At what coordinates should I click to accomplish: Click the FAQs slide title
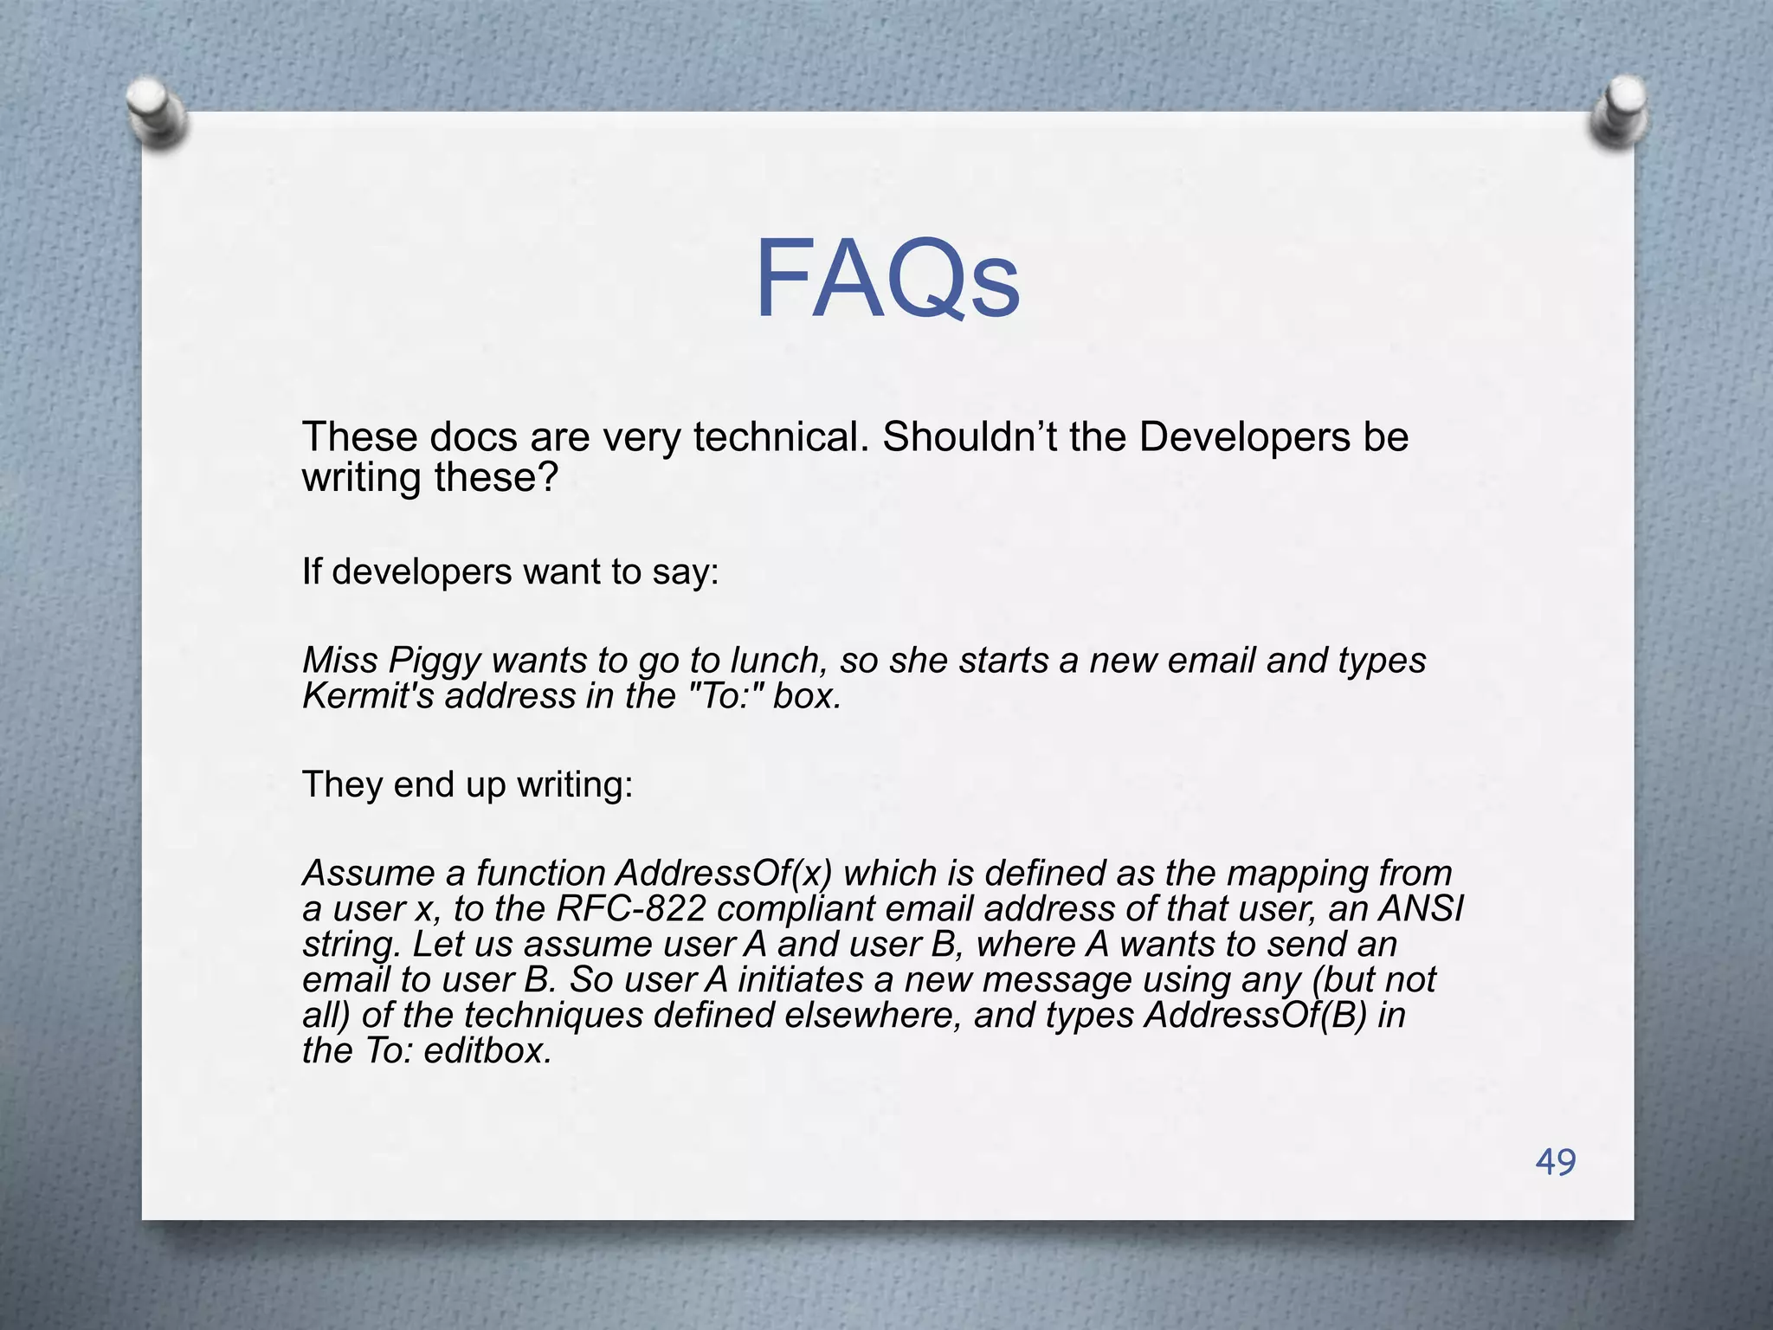[887, 280]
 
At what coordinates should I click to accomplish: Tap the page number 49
[1556, 1161]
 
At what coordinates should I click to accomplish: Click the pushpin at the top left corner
[155, 112]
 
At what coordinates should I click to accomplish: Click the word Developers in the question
[1244, 437]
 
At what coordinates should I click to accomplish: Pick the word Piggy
[434, 661]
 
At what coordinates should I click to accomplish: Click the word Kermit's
[368, 696]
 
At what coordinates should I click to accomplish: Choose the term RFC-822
[630, 908]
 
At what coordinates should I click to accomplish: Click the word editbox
[487, 1050]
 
